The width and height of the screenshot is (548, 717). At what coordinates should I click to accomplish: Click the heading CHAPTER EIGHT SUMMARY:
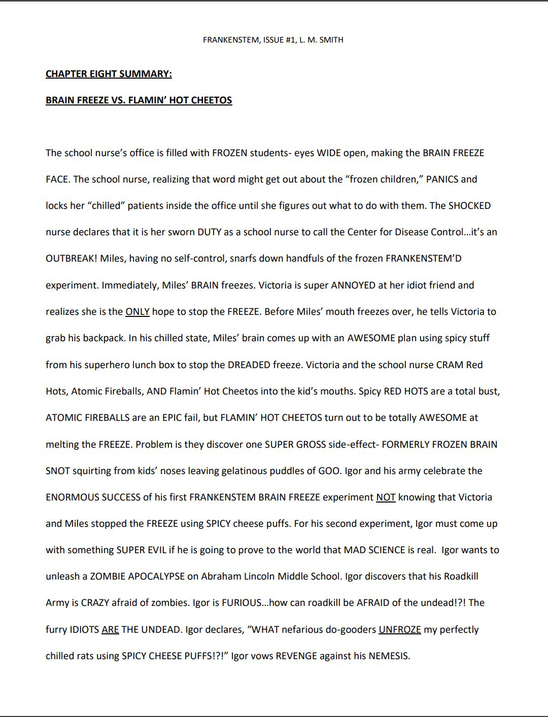[x=109, y=74]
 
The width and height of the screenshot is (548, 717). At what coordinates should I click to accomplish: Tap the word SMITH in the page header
[x=331, y=40]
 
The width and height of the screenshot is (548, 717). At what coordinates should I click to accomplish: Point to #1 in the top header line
[x=291, y=40]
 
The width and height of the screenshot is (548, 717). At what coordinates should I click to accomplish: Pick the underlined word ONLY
[x=137, y=312]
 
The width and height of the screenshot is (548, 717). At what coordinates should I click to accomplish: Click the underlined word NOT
[x=386, y=497]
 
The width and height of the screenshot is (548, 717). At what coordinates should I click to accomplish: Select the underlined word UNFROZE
[x=400, y=630]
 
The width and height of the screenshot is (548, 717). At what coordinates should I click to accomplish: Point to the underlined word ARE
[x=110, y=630]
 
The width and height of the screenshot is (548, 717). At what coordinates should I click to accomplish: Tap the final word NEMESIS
[x=389, y=656]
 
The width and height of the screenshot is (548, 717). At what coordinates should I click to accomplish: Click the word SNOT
[x=58, y=471]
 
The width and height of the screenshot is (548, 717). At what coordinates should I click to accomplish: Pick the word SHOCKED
[x=469, y=206]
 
